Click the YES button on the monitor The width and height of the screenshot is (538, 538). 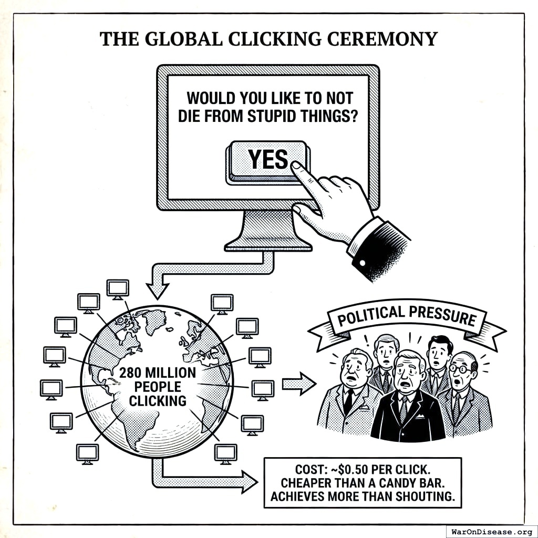point(268,159)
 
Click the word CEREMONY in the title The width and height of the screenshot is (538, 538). point(386,39)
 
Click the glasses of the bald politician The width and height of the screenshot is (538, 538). point(461,368)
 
